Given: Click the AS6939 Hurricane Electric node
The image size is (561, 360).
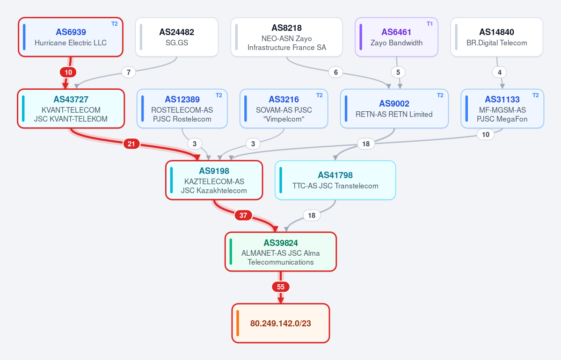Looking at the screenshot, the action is pos(71,37).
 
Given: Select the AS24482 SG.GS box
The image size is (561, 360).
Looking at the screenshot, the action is pos(177,37).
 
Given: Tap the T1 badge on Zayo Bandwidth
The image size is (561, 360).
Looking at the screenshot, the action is pos(430,24).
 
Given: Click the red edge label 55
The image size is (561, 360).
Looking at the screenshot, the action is pos(281,287).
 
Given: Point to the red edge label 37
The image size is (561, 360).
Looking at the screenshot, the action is pos(243,215).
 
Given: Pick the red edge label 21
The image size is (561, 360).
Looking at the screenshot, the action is pos(131,144).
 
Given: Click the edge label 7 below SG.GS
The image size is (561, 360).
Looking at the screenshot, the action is pos(129,72).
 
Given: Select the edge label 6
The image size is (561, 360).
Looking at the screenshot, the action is pos(335,72).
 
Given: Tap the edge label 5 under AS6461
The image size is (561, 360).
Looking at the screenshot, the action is pos(398,72).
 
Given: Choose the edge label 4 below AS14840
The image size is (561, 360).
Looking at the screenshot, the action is pos(499,72).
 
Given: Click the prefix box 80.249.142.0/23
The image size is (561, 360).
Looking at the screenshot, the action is pos(281,323).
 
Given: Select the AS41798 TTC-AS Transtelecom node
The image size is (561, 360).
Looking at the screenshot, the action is pos(335,180).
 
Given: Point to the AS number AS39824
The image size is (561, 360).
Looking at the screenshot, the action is pos(281,243).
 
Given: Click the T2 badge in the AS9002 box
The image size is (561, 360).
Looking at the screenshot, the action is pos(440,95).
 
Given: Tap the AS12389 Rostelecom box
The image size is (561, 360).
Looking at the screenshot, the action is pos(182,108).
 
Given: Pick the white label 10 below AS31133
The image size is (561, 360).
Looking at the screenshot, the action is pos(486,135).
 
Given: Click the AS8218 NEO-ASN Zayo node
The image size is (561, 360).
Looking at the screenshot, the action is pos(286,37).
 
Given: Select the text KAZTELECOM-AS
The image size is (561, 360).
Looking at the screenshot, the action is pos(214,181).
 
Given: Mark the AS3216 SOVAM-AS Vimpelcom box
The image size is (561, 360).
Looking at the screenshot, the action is pos(284,108).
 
